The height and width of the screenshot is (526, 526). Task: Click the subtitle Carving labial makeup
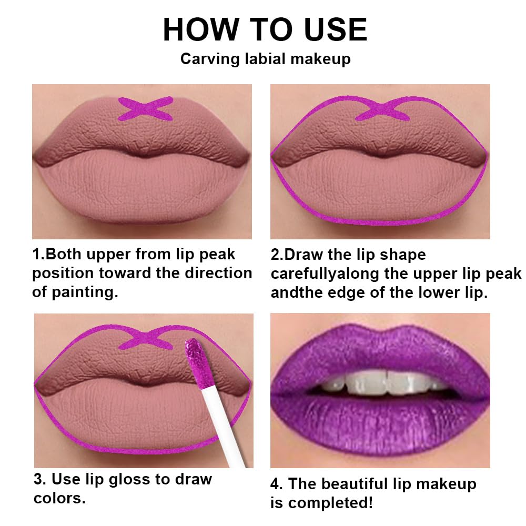click(x=265, y=58)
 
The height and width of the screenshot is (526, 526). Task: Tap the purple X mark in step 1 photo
click(x=146, y=108)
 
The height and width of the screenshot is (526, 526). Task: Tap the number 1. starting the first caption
click(x=39, y=255)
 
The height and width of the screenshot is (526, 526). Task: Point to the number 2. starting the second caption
click(x=277, y=255)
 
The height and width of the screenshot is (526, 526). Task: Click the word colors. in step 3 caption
click(x=59, y=498)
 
